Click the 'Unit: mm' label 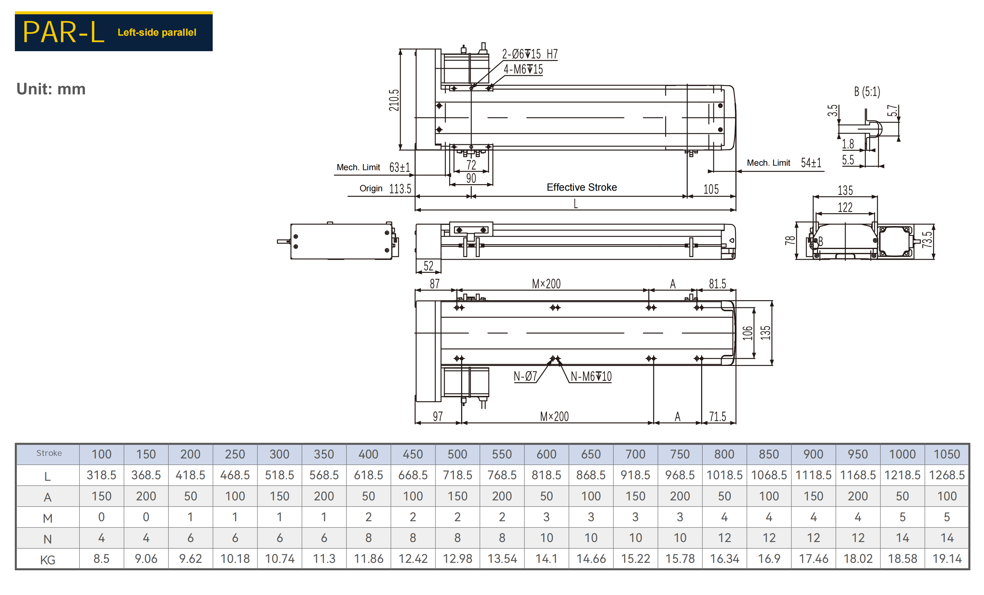(51, 89)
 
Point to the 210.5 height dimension (394, 100)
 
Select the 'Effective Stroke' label (582, 187)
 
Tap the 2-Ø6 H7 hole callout (529, 54)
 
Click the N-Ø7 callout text (525, 376)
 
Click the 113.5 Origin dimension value (400, 189)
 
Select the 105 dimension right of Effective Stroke (711, 189)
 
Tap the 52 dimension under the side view (429, 266)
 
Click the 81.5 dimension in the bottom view (717, 284)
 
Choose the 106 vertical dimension (748, 333)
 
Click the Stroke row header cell (49, 453)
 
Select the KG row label (48, 560)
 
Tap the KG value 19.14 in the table (947, 559)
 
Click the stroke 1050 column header (947, 454)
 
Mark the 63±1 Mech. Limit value (400, 167)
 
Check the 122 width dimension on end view (845, 208)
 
